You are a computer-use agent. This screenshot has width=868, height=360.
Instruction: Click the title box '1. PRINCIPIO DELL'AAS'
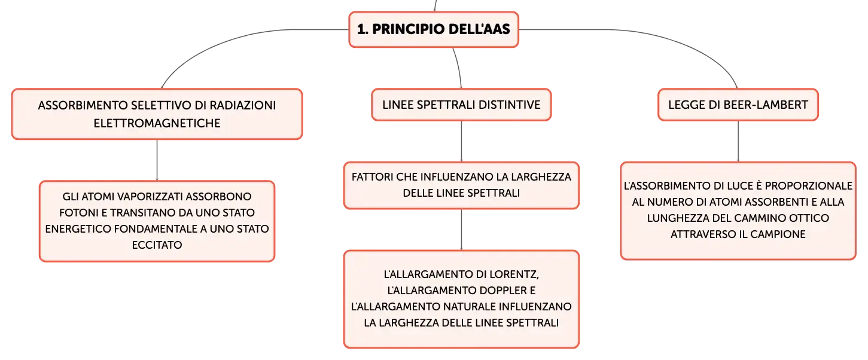pos(434,29)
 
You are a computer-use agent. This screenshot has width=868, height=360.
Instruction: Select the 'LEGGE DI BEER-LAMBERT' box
pos(738,105)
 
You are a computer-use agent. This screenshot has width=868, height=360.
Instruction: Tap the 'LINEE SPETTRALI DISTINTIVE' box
pos(461,105)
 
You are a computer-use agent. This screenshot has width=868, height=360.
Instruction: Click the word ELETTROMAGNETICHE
pos(157,123)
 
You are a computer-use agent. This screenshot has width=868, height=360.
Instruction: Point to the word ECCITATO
pos(157,245)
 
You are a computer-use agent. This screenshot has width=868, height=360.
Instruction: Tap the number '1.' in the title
pos(363,29)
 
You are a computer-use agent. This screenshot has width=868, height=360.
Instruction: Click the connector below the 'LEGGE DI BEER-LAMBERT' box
pos(738,142)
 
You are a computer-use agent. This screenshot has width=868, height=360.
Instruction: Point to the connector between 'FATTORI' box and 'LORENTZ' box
pos(461,230)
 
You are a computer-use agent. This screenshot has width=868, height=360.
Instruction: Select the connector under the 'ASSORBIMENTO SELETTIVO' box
pos(157,160)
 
